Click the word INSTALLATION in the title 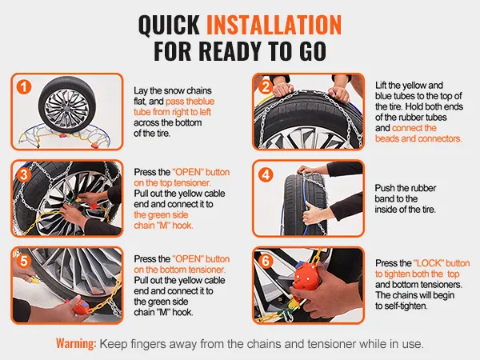point(274,25)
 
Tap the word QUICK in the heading point(169,25)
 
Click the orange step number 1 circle point(24,86)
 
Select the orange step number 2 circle point(266,86)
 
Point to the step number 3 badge point(24,174)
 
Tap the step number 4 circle point(266,174)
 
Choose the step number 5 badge point(24,261)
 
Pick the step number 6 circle point(266,261)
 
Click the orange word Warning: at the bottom point(76,343)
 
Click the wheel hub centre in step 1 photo point(66,109)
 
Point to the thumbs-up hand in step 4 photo point(314,213)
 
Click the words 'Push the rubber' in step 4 point(406,188)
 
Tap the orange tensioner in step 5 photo point(80,306)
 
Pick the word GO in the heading point(313,51)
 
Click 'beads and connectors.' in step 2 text point(418,138)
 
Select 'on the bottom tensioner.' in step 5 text point(180,270)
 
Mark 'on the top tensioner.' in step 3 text point(172,182)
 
